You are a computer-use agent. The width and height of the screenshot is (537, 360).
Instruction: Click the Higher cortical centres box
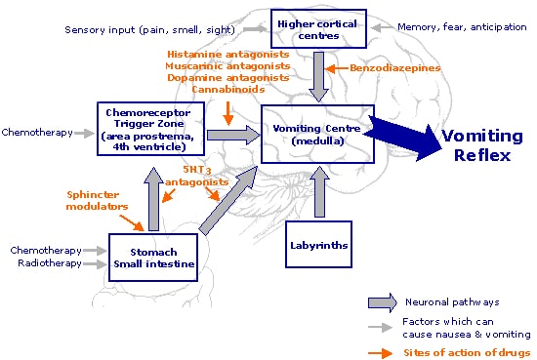click(x=318, y=28)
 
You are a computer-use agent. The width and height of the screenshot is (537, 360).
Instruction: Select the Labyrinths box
click(x=318, y=244)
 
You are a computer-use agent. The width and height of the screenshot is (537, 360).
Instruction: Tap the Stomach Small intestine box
click(x=153, y=258)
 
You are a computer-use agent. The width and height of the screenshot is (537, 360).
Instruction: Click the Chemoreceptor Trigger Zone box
click(x=150, y=129)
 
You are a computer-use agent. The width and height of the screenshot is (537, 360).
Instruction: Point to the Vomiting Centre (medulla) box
click(x=317, y=134)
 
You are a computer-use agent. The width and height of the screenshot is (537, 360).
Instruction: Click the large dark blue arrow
click(x=402, y=138)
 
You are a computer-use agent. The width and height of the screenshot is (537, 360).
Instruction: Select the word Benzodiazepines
click(x=394, y=67)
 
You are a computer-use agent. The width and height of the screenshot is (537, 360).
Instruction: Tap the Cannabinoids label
click(x=228, y=90)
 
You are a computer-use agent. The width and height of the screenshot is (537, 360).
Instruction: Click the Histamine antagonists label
click(x=228, y=55)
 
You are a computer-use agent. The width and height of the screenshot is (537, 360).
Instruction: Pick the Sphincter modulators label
click(x=98, y=201)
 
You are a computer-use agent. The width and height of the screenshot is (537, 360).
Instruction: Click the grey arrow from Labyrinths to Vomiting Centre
click(x=319, y=191)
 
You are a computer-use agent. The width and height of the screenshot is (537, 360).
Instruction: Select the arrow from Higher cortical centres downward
click(x=319, y=77)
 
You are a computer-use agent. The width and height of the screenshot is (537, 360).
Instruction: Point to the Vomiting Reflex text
click(x=482, y=145)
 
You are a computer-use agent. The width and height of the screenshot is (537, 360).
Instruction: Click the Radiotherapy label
click(x=50, y=263)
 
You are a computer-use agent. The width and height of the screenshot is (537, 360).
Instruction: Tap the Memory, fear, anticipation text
click(x=462, y=27)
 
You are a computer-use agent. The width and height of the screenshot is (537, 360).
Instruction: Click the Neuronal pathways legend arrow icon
click(x=383, y=302)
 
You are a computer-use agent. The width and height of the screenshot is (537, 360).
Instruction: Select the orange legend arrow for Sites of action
click(x=380, y=353)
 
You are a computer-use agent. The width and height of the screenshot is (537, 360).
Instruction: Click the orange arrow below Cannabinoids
click(x=228, y=113)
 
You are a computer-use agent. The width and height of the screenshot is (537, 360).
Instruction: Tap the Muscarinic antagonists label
click(x=227, y=66)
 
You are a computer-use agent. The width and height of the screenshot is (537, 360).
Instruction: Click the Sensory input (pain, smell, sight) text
click(x=150, y=30)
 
